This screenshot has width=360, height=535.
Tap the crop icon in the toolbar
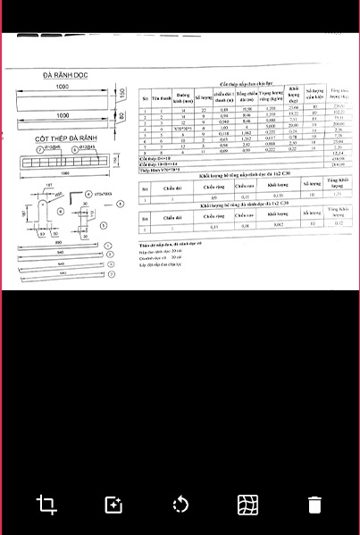(x=46, y=505)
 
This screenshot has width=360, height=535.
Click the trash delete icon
(x=314, y=505)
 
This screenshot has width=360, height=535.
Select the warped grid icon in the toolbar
(x=247, y=505)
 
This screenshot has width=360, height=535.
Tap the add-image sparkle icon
(x=113, y=505)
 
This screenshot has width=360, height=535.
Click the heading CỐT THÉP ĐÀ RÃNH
(x=65, y=139)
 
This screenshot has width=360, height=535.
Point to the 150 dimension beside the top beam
(x=123, y=95)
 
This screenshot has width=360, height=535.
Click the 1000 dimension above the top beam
(x=62, y=87)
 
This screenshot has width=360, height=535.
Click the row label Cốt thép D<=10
(x=156, y=157)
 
